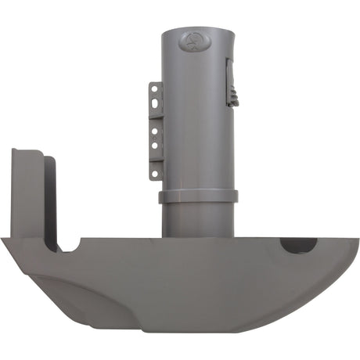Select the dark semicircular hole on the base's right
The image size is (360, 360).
[x=298, y=244]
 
